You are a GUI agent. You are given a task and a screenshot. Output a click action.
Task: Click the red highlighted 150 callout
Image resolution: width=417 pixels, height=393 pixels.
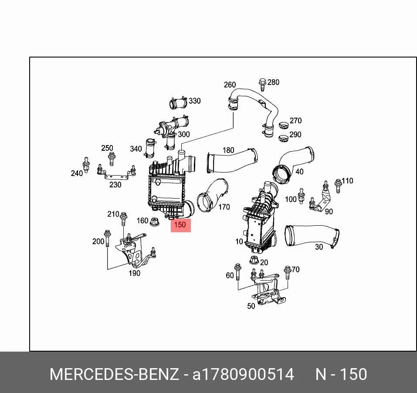pyautogui.click(x=180, y=225)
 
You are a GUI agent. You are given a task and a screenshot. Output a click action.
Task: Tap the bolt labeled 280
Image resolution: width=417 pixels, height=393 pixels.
pyautogui.click(x=262, y=85)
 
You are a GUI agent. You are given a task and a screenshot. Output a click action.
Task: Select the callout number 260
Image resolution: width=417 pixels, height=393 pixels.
pyautogui.click(x=230, y=85)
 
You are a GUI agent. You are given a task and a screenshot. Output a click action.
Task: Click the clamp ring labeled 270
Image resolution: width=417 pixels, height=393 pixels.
pyautogui.click(x=284, y=125)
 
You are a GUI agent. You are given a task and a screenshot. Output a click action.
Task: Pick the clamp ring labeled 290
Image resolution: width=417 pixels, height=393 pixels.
pyautogui.click(x=284, y=138)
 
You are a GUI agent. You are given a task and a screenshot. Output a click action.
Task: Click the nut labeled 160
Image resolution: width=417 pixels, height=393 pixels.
pyautogui.click(x=154, y=222)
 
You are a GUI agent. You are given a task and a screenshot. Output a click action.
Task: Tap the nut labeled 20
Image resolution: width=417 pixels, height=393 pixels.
pyautogui.click(x=254, y=260)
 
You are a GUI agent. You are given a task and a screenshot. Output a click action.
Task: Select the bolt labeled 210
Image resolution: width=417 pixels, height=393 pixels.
pyautogui.click(x=123, y=219)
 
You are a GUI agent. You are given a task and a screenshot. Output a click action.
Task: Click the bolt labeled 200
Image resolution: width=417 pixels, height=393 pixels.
pyautogui.click(x=108, y=238)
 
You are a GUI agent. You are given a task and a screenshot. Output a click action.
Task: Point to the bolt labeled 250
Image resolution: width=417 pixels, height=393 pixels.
pyautogui.click(x=112, y=159)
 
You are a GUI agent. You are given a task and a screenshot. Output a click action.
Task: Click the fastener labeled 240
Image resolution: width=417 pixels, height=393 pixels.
pyautogui.click(x=86, y=165)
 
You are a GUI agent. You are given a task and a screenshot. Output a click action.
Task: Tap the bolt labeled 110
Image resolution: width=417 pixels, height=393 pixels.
pyautogui.click(x=338, y=186)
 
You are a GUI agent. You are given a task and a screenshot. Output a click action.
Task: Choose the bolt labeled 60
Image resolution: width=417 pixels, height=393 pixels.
pyautogui.click(x=238, y=272)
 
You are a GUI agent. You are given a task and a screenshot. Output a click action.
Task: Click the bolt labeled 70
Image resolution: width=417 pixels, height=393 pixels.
pyautogui.click(x=287, y=272)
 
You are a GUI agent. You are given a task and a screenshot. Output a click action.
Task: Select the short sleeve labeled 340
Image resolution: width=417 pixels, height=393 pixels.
pyautogui.click(x=150, y=149)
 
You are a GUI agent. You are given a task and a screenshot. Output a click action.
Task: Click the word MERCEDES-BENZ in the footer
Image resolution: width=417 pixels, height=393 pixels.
pyautogui.click(x=114, y=374)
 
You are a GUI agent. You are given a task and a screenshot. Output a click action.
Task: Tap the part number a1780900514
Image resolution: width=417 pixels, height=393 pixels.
pyautogui.click(x=243, y=374)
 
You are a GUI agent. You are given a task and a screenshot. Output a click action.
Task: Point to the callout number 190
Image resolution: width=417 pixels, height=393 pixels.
pyautogui.click(x=134, y=273)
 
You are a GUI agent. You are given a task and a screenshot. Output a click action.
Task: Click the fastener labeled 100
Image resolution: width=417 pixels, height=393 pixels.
pyautogui.click(x=301, y=196)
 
